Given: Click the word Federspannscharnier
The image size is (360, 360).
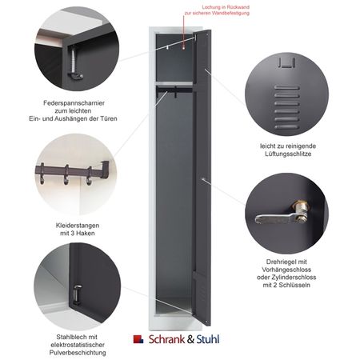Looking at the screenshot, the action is click(74, 103).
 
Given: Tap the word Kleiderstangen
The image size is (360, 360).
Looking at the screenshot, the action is click(78, 226).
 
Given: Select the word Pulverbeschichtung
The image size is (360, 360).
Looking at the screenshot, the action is click(78, 353).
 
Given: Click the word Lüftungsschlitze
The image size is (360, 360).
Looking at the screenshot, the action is click(288, 154).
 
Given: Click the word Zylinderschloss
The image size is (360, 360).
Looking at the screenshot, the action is click(295, 278).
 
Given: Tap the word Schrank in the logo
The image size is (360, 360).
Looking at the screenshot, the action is click(166, 339).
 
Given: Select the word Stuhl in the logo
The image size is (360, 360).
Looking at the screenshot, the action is click(208, 339).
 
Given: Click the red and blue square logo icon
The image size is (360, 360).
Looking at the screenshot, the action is click(138, 339).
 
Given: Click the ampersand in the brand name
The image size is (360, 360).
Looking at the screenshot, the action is click(190, 340).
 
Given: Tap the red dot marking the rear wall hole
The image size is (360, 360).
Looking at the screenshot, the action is click(183, 48).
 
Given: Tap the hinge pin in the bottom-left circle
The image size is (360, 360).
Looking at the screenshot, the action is click(77, 294).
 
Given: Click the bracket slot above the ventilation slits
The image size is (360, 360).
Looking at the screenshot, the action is click(286, 63).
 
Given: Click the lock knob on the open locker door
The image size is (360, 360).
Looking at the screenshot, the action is click(203, 179).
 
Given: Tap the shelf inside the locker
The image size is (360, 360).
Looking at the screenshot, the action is click(174, 84).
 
